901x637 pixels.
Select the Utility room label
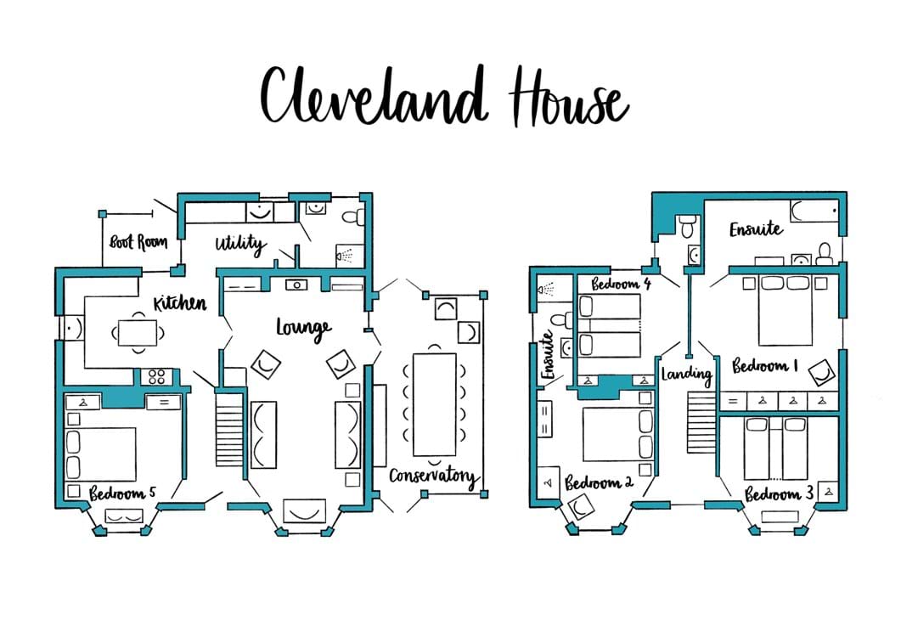(x=240, y=245)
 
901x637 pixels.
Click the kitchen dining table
(x=137, y=331)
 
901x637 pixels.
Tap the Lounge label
(x=303, y=328)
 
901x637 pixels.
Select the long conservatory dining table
(x=434, y=403)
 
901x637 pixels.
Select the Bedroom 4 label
(x=621, y=284)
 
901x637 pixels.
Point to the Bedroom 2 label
(x=600, y=482)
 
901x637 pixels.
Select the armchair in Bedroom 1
(x=820, y=372)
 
